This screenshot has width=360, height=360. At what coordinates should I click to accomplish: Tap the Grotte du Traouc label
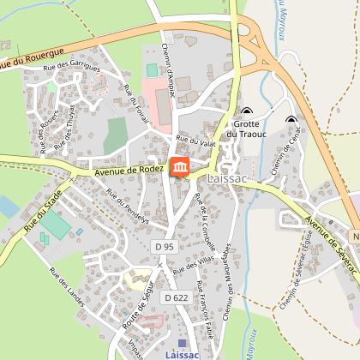[248, 129]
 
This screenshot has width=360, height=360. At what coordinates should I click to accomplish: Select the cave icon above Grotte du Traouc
[248, 111]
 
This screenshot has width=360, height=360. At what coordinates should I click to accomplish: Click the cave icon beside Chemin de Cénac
[291, 120]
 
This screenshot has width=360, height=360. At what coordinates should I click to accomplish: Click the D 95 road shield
[165, 246]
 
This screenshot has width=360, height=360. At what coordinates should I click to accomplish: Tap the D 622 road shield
[175, 297]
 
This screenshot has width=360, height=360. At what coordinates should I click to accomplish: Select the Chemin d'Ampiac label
[168, 69]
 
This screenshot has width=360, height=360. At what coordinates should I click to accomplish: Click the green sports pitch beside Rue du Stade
[57, 225]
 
